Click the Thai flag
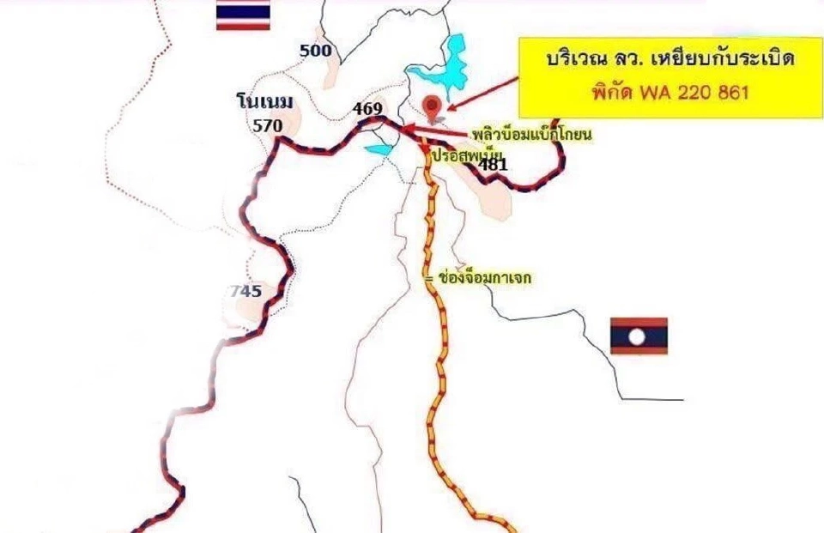pyautogui.click(x=243, y=15)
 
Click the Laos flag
pyautogui.click(x=639, y=336)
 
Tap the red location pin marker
pyautogui.click(x=433, y=105)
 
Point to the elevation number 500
pyautogui.click(x=316, y=51)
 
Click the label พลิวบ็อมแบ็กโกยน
pyautogui.click(x=533, y=136)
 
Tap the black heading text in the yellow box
pyautogui.click(x=669, y=63)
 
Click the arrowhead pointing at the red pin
pyautogui.click(x=450, y=106)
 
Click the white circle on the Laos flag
pyautogui.click(x=639, y=336)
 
